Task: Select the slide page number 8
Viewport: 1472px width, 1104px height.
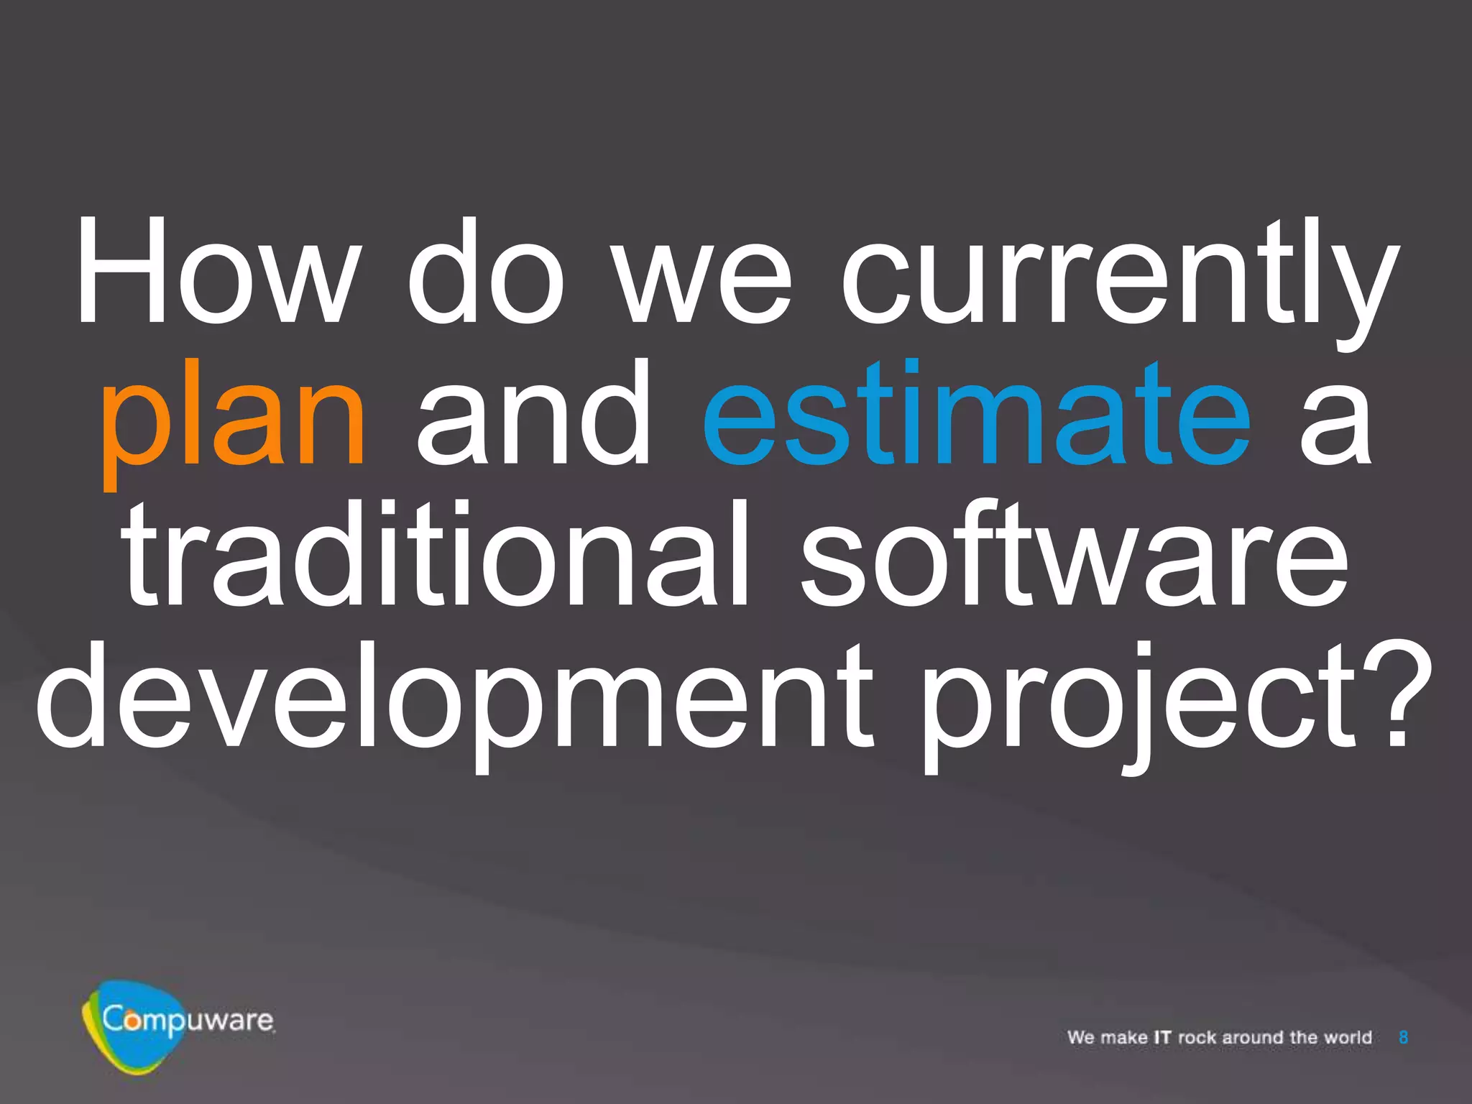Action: tap(1403, 1037)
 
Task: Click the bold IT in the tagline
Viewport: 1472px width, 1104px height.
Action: tap(1162, 1037)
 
